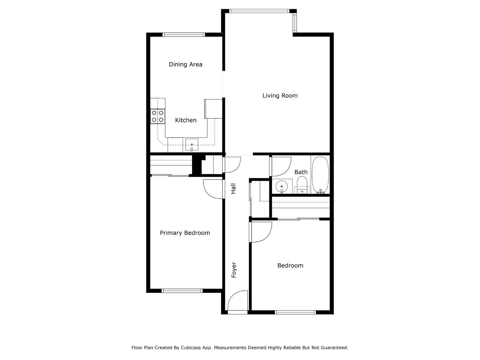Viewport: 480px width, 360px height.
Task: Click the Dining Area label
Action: tap(185, 64)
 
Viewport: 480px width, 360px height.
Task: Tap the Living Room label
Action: tap(280, 96)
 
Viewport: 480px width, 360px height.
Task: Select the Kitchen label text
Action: tap(186, 120)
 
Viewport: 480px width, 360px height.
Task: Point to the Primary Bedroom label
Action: tap(185, 233)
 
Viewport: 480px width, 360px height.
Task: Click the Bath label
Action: tap(301, 172)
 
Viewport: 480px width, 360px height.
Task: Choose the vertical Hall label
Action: tap(233, 188)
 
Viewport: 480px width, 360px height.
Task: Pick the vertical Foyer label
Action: tap(234, 270)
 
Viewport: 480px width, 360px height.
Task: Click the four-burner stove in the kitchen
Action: tap(157, 116)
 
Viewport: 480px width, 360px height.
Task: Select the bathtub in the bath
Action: tap(320, 174)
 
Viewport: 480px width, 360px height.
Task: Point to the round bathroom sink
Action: tap(282, 186)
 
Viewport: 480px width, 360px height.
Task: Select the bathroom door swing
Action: tap(281, 166)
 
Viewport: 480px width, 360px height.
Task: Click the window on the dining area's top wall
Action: tap(184, 35)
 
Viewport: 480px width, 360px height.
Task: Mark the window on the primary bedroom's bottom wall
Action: tap(182, 291)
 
